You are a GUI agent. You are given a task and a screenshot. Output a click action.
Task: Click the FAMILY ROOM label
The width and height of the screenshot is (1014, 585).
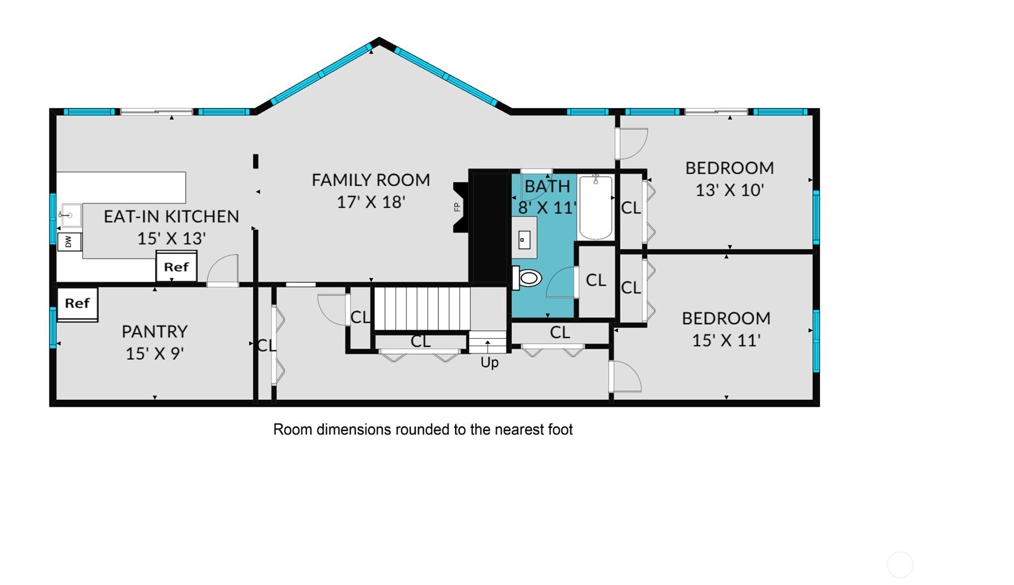(x=370, y=180)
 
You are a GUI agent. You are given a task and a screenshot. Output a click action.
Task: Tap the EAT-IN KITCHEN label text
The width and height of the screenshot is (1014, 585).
(x=171, y=216)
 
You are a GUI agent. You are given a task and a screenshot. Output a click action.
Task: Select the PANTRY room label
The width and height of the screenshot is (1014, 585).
(x=155, y=331)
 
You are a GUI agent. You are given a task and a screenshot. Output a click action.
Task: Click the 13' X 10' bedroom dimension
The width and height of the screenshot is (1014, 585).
(x=729, y=190)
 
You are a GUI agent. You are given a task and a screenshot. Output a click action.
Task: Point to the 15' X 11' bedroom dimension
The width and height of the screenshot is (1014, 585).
(x=726, y=340)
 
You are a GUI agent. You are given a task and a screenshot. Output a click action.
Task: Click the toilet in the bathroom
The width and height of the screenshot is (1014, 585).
(x=527, y=277)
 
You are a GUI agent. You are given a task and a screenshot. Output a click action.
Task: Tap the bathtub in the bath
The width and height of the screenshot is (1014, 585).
(x=596, y=207)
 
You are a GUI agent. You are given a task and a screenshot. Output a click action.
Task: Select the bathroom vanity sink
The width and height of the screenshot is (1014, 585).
(x=524, y=239)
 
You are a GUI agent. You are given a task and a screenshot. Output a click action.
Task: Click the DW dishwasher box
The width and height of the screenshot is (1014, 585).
(x=70, y=242)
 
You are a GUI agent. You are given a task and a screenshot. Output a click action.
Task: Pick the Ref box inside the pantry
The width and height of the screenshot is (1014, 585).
(x=77, y=304)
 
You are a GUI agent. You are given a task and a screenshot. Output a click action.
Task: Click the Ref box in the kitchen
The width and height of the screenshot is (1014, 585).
(x=176, y=267)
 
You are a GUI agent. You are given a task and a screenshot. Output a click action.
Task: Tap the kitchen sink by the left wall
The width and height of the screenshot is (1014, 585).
(x=71, y=215)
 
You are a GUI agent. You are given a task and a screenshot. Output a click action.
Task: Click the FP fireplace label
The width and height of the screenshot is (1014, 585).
(x=457, y=207)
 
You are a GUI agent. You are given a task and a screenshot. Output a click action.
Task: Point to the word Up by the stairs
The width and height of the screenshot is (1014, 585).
(x=489, y=363)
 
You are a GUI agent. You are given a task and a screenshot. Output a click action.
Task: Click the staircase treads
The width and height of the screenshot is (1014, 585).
(x=422, y=308)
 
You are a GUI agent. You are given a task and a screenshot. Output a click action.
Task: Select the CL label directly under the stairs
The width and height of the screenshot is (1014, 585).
(x=421, y=341)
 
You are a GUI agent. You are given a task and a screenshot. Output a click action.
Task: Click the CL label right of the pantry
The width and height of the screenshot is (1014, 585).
(x=266, y=345)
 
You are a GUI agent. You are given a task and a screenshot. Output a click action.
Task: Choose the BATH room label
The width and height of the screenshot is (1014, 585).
(x=547, y=186)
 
